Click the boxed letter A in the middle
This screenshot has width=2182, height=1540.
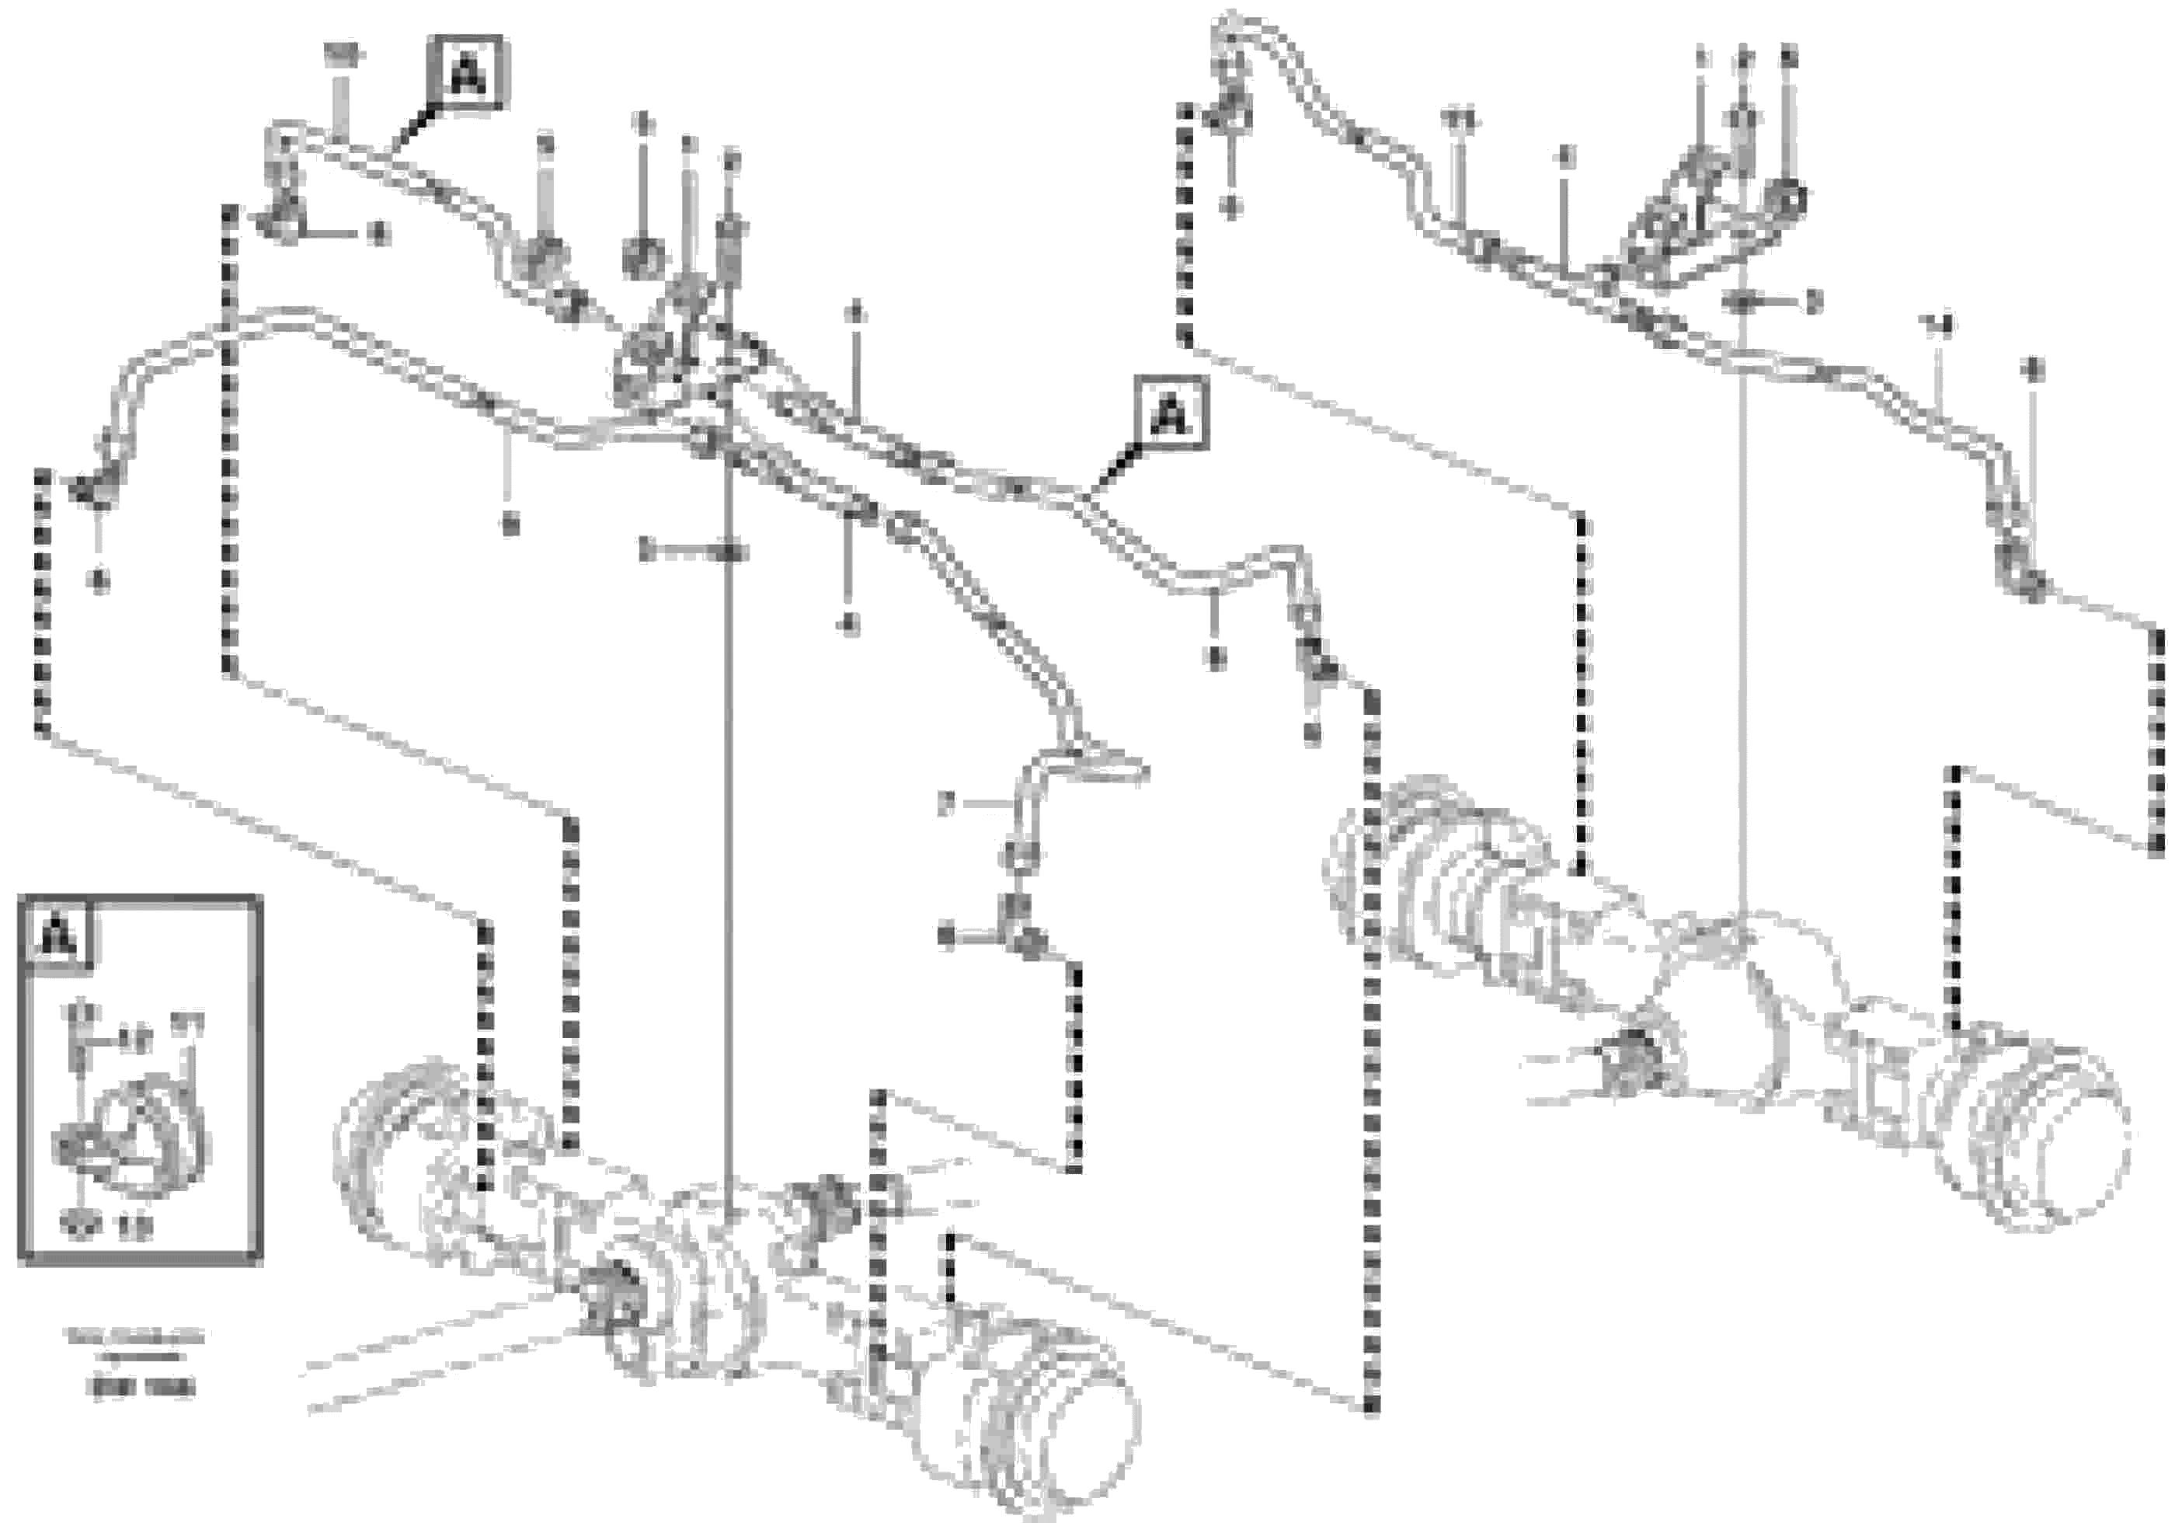[x=1171, y=413]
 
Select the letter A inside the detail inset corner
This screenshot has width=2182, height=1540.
[x=59, y=935]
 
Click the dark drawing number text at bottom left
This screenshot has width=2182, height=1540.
[x=141, y=1388]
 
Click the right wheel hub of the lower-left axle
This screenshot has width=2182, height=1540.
[x=1036, y=1426]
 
